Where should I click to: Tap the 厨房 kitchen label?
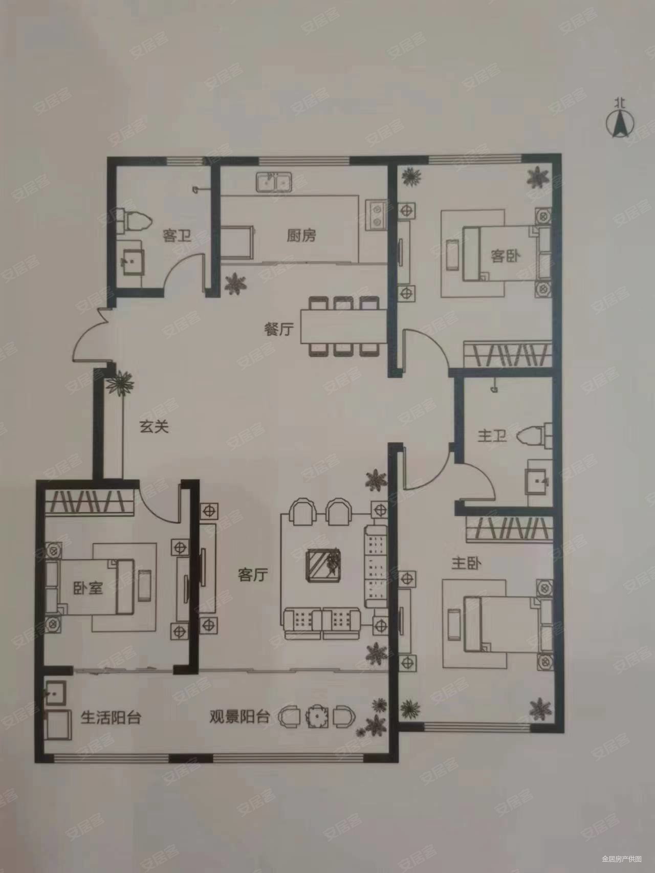(x=301, y=235)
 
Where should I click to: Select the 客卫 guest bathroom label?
(x=177, y=236)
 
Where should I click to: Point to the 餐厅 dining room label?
(x=279, y=330)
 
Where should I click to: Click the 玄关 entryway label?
(x=154, y=426)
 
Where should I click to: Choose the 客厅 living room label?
(x=253, y=575)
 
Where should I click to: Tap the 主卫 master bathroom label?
(x=492, y=436)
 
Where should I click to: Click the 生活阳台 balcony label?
(x=111, y=717)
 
